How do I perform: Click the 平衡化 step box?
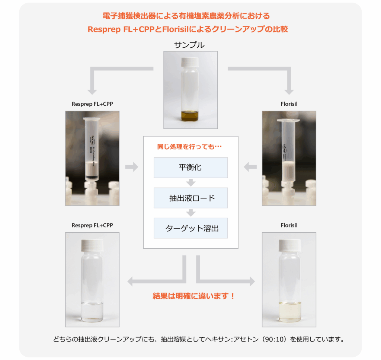[x=191, y=168]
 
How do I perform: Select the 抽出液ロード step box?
[x=191, y=198]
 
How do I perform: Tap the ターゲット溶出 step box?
[x=191, y=228]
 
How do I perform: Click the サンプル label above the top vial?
[x=189, y=45]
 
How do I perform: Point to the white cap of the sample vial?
[x=190, y=62]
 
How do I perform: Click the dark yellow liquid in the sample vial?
[x=190, y=115]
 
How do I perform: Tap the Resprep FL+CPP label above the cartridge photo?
[x=92, y=104]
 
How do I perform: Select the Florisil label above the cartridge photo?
[x=289, y=104]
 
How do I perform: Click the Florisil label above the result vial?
[x=289, y=225]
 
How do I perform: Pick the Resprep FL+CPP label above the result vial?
[x=92, y=225]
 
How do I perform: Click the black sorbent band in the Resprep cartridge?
[x=92, y=177]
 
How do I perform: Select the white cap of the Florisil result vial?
[x=289, y=245]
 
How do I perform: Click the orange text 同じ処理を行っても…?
[x=189, y=147]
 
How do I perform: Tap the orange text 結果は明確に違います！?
[x=193, y=296]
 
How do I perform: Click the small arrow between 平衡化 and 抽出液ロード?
[x=191, y=182]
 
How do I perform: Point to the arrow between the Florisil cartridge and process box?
[x=250, y=167]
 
